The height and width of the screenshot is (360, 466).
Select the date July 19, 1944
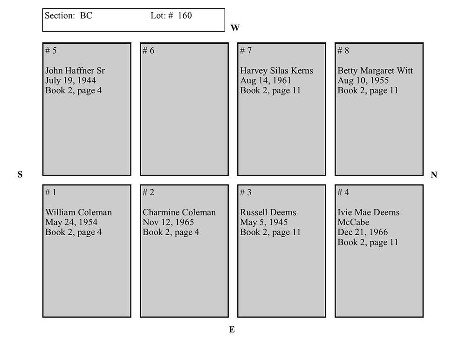click(x=71, y=81)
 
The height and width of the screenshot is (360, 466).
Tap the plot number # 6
click(x=148, y=51)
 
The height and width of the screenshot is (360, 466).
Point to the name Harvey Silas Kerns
click(x=277, y=71)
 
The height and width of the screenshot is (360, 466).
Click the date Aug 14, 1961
click(x=266, y=81)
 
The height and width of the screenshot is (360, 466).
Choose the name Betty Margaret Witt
click(x=375, y=71)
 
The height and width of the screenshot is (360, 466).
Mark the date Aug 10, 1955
click(x=363, y=81)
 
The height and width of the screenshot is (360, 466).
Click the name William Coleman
click(x=78, y=212)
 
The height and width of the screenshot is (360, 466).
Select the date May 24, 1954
click(x=71, y=222)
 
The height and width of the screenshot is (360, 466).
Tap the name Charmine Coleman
click(x=179, y=212)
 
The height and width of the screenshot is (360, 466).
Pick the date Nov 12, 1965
click(x=168, y=222)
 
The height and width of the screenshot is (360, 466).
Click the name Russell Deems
click(x=268, y=212)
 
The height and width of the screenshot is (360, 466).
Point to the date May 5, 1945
click(x=264, y=222)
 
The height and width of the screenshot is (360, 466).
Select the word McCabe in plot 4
click(x=354, y=222)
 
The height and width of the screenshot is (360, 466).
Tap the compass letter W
click(x=235, y=28)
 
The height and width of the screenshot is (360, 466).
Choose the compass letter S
click(x=20, y=175)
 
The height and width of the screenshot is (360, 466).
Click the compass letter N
click(x=434, y=175)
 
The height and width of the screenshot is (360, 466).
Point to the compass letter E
click(x=232, y=330)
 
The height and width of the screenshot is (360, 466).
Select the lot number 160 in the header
click(x=185, y=15)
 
